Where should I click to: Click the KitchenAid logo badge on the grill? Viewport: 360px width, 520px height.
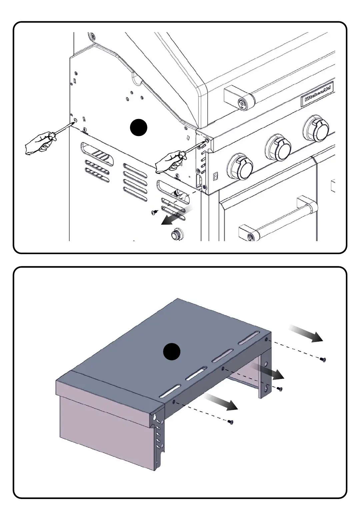point(317,93)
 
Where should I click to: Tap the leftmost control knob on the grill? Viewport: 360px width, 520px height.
point(240,166)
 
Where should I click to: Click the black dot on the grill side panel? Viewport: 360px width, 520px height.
point(138,127)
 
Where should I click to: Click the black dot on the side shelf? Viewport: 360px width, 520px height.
point(172,352)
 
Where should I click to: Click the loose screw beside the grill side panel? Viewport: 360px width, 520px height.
point(154,212)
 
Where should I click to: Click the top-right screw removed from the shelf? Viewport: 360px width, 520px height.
point(323,359)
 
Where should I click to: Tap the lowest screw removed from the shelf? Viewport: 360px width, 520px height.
point(230,422)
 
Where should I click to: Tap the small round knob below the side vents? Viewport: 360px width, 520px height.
point(175,235)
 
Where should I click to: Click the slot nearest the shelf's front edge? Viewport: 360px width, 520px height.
point(170,390)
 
